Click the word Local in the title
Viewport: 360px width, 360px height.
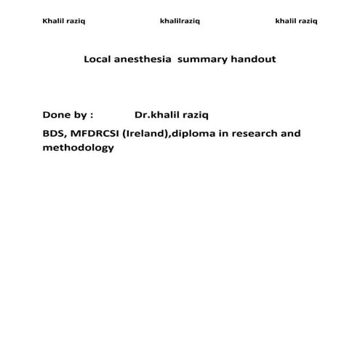[97, 59]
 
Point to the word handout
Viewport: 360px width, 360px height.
[254, 59]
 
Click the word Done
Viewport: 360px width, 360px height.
[56, 115]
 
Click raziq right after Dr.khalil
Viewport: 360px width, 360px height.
[196, 115]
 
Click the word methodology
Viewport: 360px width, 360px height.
[79, 148]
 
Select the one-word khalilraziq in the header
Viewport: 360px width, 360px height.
[180, 21]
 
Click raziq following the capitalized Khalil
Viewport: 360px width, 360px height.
[76, 21]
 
